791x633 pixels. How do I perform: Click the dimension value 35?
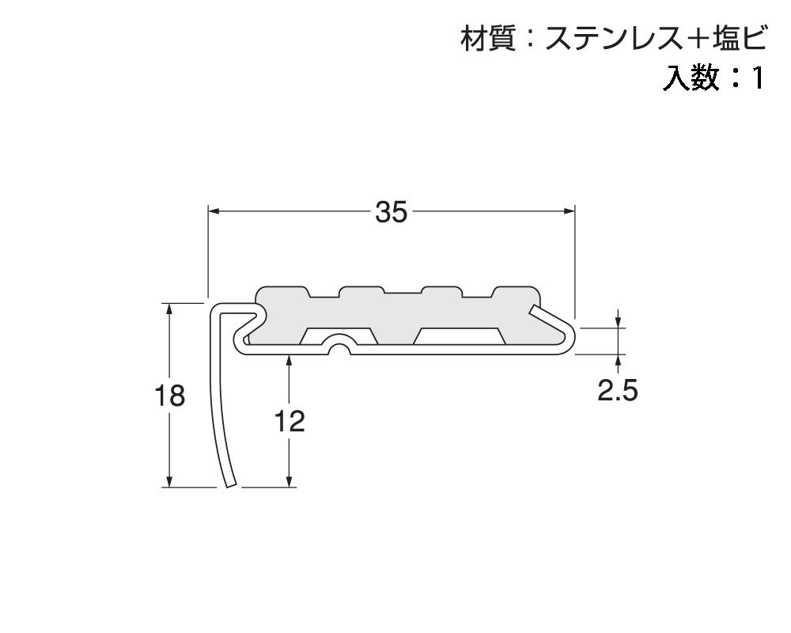coord(391,212)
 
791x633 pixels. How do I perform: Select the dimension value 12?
coord(290,422)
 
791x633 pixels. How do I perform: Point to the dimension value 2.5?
coord(617,391)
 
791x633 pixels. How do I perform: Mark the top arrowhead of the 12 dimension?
coord(290,360)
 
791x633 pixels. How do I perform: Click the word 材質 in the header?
coord(484,37)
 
